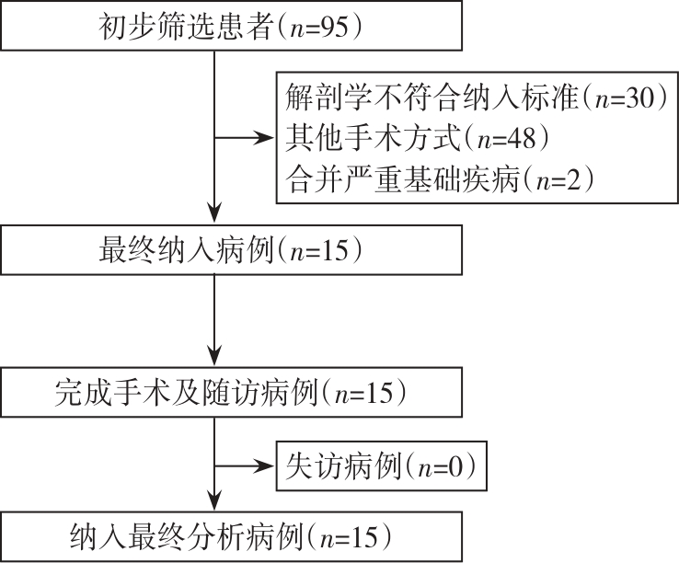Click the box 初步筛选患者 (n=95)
point(229,28)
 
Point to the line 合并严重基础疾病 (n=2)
point(436,178)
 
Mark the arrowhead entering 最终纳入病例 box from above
point(214,217)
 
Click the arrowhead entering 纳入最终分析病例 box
point(214,503)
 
